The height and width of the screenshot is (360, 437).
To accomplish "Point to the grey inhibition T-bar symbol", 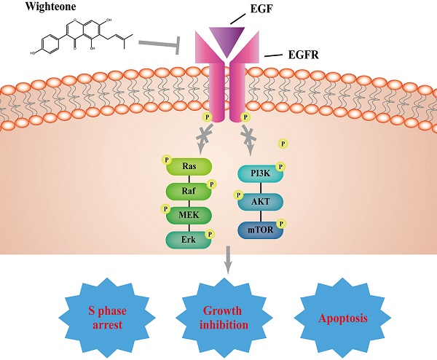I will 169,47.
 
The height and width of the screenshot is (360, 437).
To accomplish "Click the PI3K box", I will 260,173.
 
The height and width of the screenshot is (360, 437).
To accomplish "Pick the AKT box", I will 260,202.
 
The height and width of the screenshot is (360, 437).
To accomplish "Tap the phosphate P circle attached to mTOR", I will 281,223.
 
